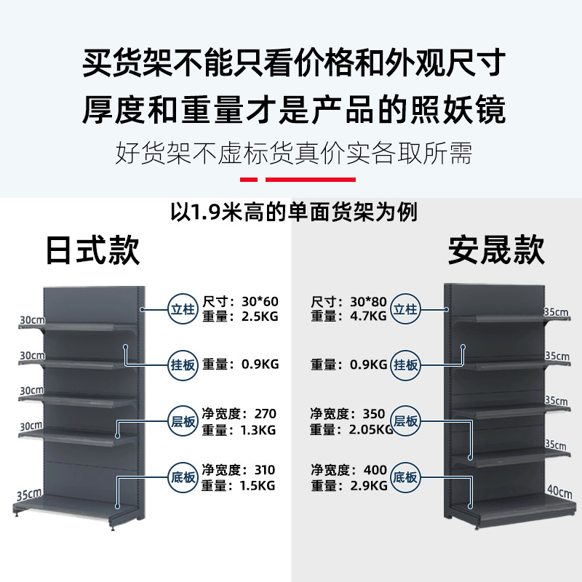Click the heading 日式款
[92, 250]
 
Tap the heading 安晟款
[496, 250]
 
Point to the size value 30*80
[367, 301]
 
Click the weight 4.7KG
[367, 316]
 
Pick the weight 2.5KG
[260, 316]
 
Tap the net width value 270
[266, 414]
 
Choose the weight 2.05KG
[370, 429]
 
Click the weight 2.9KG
[367, 485]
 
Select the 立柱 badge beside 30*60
[182, 308]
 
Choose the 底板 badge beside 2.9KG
[406, 477]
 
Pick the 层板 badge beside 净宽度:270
[182, 421]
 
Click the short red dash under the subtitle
[249, 179]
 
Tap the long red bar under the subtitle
[311, 179]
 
